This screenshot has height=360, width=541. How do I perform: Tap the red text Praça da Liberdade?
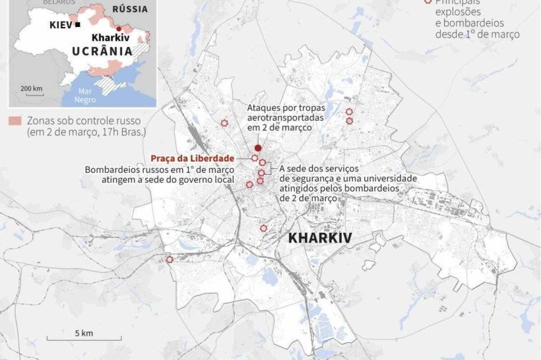tap(192, 158)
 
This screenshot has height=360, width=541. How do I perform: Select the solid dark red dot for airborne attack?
tap(258, 148)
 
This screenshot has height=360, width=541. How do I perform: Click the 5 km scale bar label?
tap(84, 333)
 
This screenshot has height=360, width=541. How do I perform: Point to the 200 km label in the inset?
tap(31, 88)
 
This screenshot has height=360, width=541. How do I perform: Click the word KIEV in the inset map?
tap(61, 24)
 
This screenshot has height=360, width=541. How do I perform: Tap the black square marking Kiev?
tap(78, 24)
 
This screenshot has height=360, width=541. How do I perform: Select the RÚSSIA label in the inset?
tap(130, 9)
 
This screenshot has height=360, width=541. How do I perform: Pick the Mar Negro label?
tap(85, 95)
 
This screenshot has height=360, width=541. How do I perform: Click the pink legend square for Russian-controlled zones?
tap(14, 121)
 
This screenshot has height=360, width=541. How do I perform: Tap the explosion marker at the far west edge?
tap(169, 260)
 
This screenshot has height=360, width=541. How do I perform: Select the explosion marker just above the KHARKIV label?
tap(263, 228)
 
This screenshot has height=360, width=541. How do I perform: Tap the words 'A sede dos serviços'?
tap(315, 169)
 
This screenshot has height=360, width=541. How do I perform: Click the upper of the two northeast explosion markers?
tap(349, 112)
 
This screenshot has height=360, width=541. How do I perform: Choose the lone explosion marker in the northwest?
tap(224, 123)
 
